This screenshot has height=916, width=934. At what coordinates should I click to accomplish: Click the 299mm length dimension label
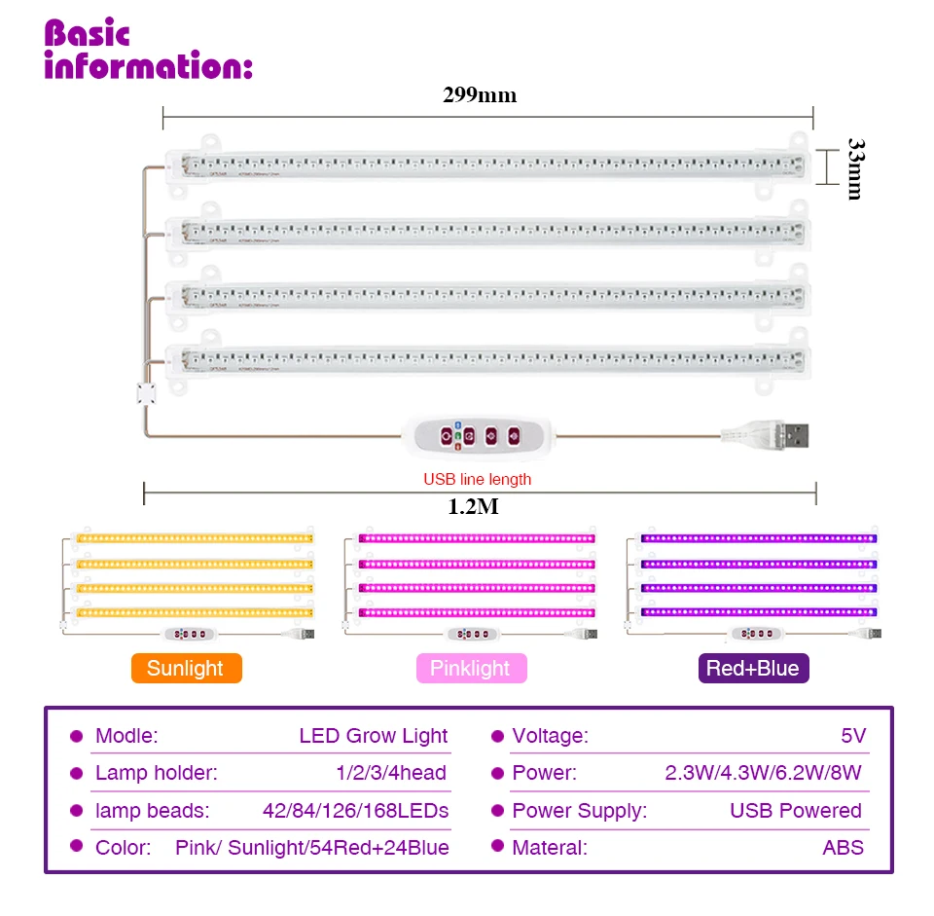[481, 94]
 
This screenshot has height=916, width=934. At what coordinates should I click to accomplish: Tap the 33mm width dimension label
[853, 166]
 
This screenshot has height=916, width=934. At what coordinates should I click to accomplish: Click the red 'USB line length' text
[477, 479]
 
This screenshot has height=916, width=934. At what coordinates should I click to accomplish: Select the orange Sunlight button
[186, 668]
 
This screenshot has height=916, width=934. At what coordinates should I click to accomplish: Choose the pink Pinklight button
[471, 668]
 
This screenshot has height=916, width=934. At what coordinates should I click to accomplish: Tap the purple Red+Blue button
[753, 668]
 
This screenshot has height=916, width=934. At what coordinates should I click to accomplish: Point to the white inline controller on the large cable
[477, 435]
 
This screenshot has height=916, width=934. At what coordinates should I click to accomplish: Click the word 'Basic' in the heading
[88, 34]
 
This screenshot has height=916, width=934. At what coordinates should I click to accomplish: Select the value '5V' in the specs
[852, 736]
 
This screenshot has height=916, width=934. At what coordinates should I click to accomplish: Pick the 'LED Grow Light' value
[374, 736]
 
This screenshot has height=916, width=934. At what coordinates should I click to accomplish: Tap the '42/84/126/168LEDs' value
[355, 810]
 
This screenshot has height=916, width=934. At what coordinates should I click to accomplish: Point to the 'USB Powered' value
[795, 810]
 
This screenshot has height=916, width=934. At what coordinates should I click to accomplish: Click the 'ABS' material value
[843, 847]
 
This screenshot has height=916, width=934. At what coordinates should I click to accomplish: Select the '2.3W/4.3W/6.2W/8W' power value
[763, 773]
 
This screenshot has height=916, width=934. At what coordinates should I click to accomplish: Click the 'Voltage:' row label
[550, 736]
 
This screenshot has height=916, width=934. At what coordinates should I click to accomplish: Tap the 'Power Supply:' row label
[579, 810]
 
